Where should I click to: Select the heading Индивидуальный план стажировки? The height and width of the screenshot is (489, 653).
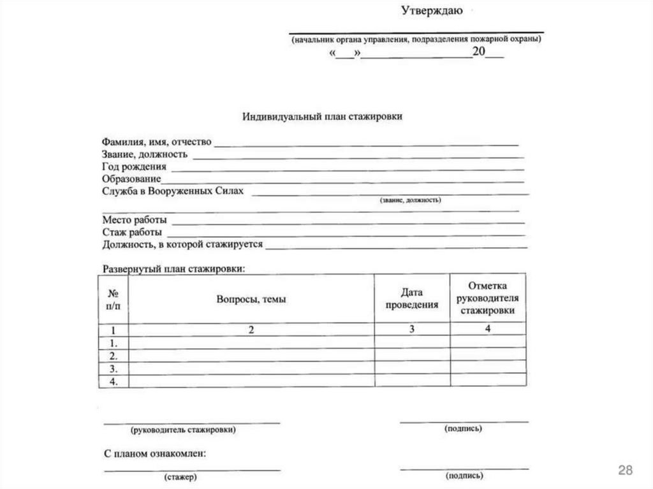coord(322,117)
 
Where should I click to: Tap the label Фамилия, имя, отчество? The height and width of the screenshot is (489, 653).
coord(156,142)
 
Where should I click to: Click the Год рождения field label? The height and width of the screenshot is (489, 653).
coord(134,167)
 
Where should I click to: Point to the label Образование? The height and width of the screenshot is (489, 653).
coord(131,179)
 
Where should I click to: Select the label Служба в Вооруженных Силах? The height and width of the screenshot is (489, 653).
coord(172,191)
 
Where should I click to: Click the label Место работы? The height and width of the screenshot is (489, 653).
coord(135,220)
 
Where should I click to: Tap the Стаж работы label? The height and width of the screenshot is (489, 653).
coord(132,232)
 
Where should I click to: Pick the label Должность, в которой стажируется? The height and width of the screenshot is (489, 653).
coord(182,244)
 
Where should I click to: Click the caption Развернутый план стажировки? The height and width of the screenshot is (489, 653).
coord(173,269)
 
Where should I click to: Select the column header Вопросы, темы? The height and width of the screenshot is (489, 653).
coord(251,298)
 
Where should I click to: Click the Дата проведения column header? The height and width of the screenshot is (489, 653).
coord(412,298)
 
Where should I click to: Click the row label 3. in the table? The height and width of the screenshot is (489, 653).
coord(113,369)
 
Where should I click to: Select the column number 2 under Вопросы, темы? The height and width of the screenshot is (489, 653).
coord(251,330)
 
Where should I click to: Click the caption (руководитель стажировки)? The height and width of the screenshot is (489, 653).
coord(183,430)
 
